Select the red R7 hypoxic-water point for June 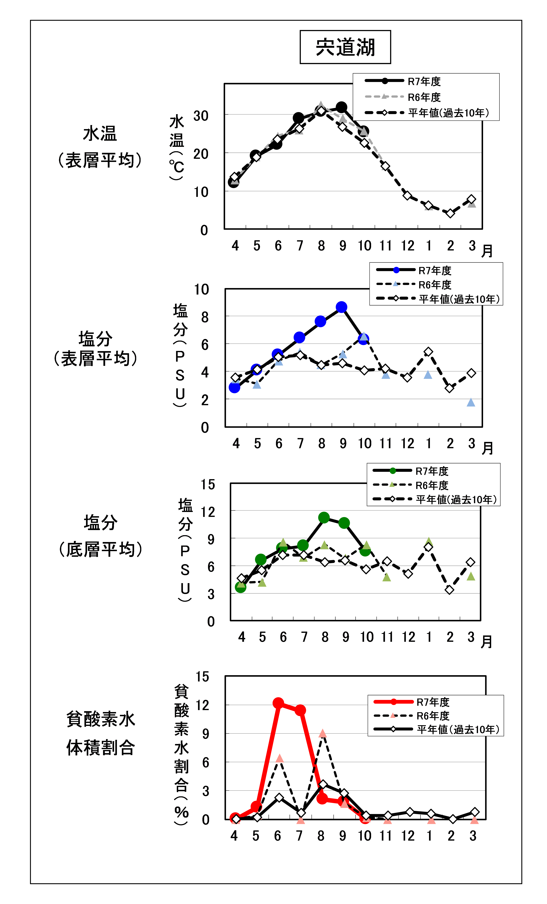click(278, 703)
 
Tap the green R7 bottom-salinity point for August click(324, 518)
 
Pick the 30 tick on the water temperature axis click(201, 116)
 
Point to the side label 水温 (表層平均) click(100, 147)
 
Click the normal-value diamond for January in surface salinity click(428, 352)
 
